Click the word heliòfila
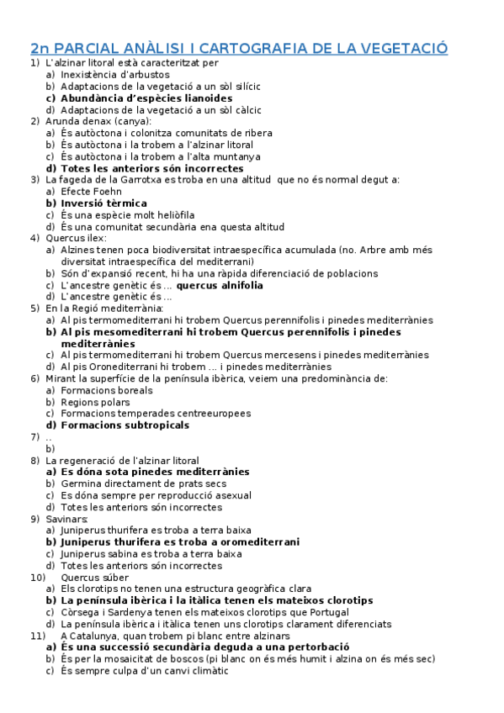point(167,214)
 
